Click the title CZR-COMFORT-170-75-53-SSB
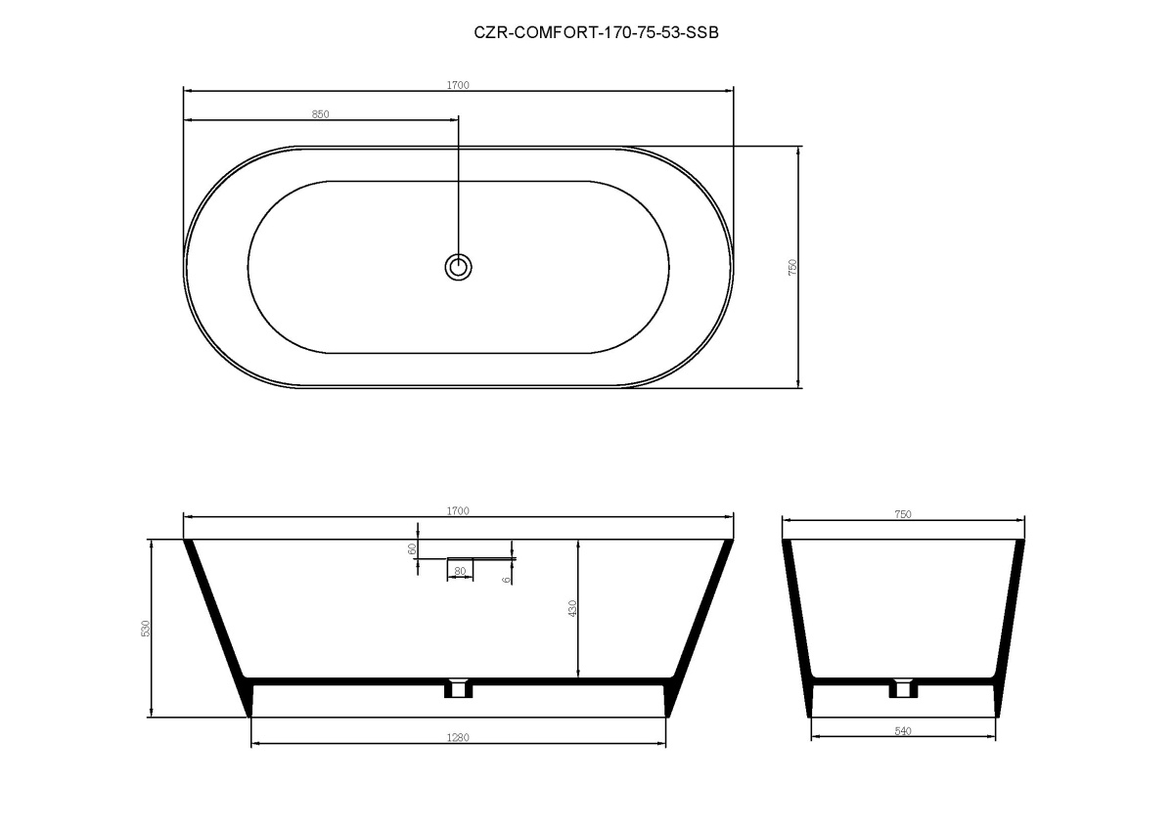[x=596, y=32]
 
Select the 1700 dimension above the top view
[x=458, y=85]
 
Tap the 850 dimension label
[x=320, y=114]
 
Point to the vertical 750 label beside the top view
[x=791, y=267]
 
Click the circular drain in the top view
[x=458, y=267]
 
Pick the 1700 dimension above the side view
[x=458, y=510]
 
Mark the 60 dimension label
[x=412, y=548]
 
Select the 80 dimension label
[x=460, y=571]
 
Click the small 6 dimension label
[x=506, y=580]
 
